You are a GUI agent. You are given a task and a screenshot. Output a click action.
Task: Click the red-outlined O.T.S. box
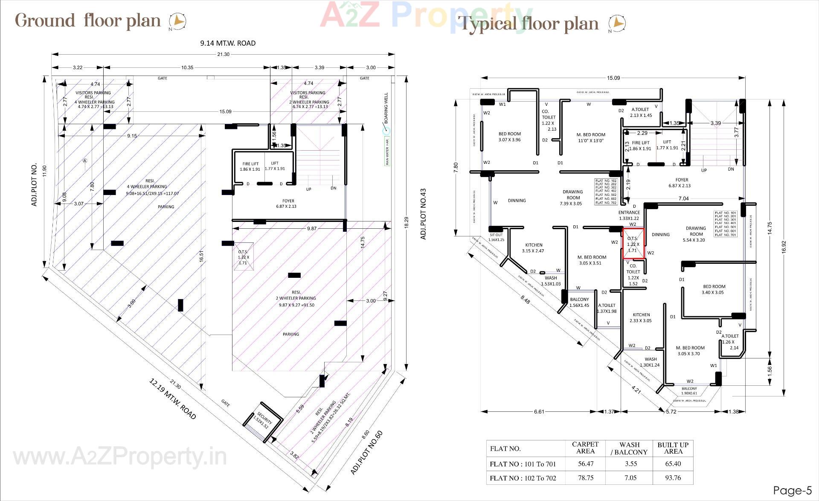[633, 244]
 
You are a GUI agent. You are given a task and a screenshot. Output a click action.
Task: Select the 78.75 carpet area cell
[585, 478]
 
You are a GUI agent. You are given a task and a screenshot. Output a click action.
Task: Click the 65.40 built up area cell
[673, 464]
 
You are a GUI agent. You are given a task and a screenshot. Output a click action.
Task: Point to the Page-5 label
[792, 490]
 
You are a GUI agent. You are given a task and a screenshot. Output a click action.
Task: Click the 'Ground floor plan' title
[88, 20]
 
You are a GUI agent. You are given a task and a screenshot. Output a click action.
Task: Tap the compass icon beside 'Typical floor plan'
[616, 24]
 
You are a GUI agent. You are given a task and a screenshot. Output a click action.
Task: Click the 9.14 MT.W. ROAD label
[228, 43]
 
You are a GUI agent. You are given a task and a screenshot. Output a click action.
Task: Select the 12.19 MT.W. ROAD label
[172, 399]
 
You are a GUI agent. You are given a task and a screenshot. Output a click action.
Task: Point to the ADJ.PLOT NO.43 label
[423, 214]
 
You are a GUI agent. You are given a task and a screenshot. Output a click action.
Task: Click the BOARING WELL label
[386, 108]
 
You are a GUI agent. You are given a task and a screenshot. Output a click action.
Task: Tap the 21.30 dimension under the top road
[223, 54]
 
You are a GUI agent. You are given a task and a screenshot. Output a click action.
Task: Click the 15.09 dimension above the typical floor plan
[613, 78]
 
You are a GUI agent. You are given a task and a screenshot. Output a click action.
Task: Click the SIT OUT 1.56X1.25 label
[496, 237]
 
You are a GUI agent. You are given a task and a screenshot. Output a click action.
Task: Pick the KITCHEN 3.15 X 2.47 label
[534, 248]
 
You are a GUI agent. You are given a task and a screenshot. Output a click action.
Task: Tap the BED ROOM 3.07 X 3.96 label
[509, 137]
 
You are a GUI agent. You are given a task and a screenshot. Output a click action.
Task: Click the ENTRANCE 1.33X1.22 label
[629, 215]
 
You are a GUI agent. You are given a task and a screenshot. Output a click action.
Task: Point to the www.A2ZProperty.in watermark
[120, 457]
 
